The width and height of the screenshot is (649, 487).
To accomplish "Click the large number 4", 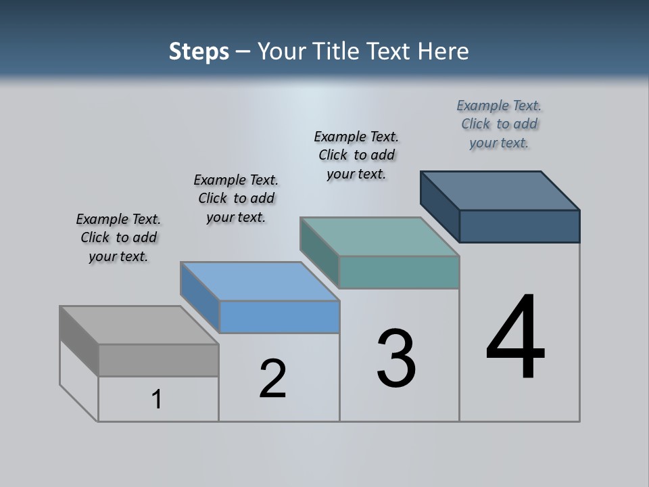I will pyautogui.click(x=515, y=338).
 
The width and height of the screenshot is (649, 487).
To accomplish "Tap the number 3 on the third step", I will pyautogui.click(x=396, y=359).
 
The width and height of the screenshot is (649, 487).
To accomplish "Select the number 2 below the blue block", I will pyautogui.click(x=272, y=379).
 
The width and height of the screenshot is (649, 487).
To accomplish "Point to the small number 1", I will pyautogui.click(x=157, y=400).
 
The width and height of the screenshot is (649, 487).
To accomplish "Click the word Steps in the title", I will pyautogui.click(x=199, y=51).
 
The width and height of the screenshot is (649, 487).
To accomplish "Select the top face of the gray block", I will pyautogui.click(x=139, y=325).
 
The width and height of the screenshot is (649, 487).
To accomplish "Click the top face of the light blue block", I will pyautogui.click(x=260, y=281).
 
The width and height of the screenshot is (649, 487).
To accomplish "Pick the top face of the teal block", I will pyautogui.click(x=380, y=237).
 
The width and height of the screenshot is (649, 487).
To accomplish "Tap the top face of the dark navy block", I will pyautogui.click(x=500, y=191).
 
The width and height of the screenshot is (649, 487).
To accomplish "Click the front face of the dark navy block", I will pyautogui.click(x=519, y=226).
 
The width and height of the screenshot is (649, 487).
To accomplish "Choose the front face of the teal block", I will pyautogui.click(x=399, y=272).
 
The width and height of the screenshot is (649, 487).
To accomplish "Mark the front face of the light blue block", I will pyautogui.click(x=279, y=317).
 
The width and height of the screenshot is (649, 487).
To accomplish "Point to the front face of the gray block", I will pyautogui.click(x=158, y=360).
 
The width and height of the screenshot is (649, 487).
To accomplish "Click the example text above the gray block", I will pyautogui.click(x=118, y=237).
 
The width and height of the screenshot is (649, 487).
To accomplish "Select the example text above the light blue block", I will pyautogui.click(x=236, y=198).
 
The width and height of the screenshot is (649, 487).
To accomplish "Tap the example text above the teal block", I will pyautogui.click(x=356, y=155).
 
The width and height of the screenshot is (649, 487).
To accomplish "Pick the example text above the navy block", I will pyautogui.click(x=499, y=124).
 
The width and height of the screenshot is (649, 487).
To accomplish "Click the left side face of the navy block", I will pyautogui.click(x=439, y=206).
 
